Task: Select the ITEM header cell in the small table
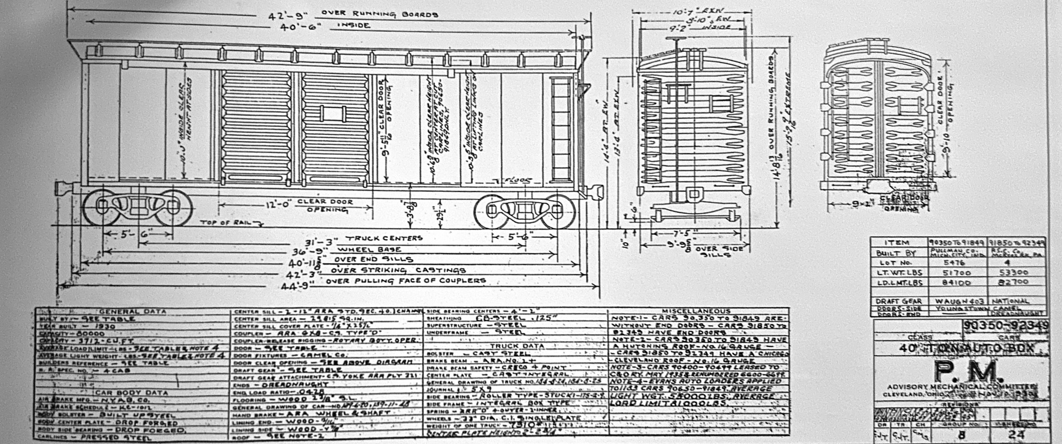898,243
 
